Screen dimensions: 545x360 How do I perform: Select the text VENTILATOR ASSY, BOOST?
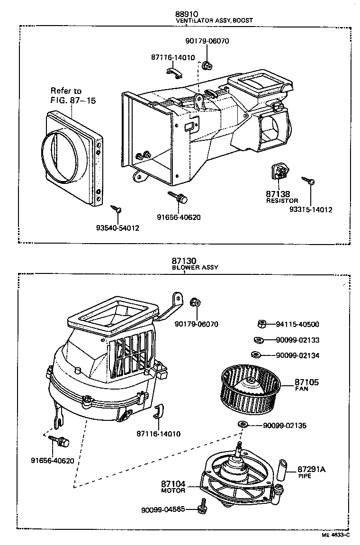coord(214,21)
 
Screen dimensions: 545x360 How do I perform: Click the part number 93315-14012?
coord(312,209)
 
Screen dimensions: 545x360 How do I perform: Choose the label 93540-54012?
coord(118,228)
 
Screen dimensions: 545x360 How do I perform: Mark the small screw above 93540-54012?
coord(117,209)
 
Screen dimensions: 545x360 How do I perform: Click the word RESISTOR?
coord(282,201)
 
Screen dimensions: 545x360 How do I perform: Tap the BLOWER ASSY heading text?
coord(195,267)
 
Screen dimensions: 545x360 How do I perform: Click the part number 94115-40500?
coord(297,325)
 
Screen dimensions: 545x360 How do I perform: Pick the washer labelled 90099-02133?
coord(259,340)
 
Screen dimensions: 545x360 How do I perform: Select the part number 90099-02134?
coord(297,355)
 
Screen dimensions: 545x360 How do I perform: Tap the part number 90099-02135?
coord(284,426)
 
